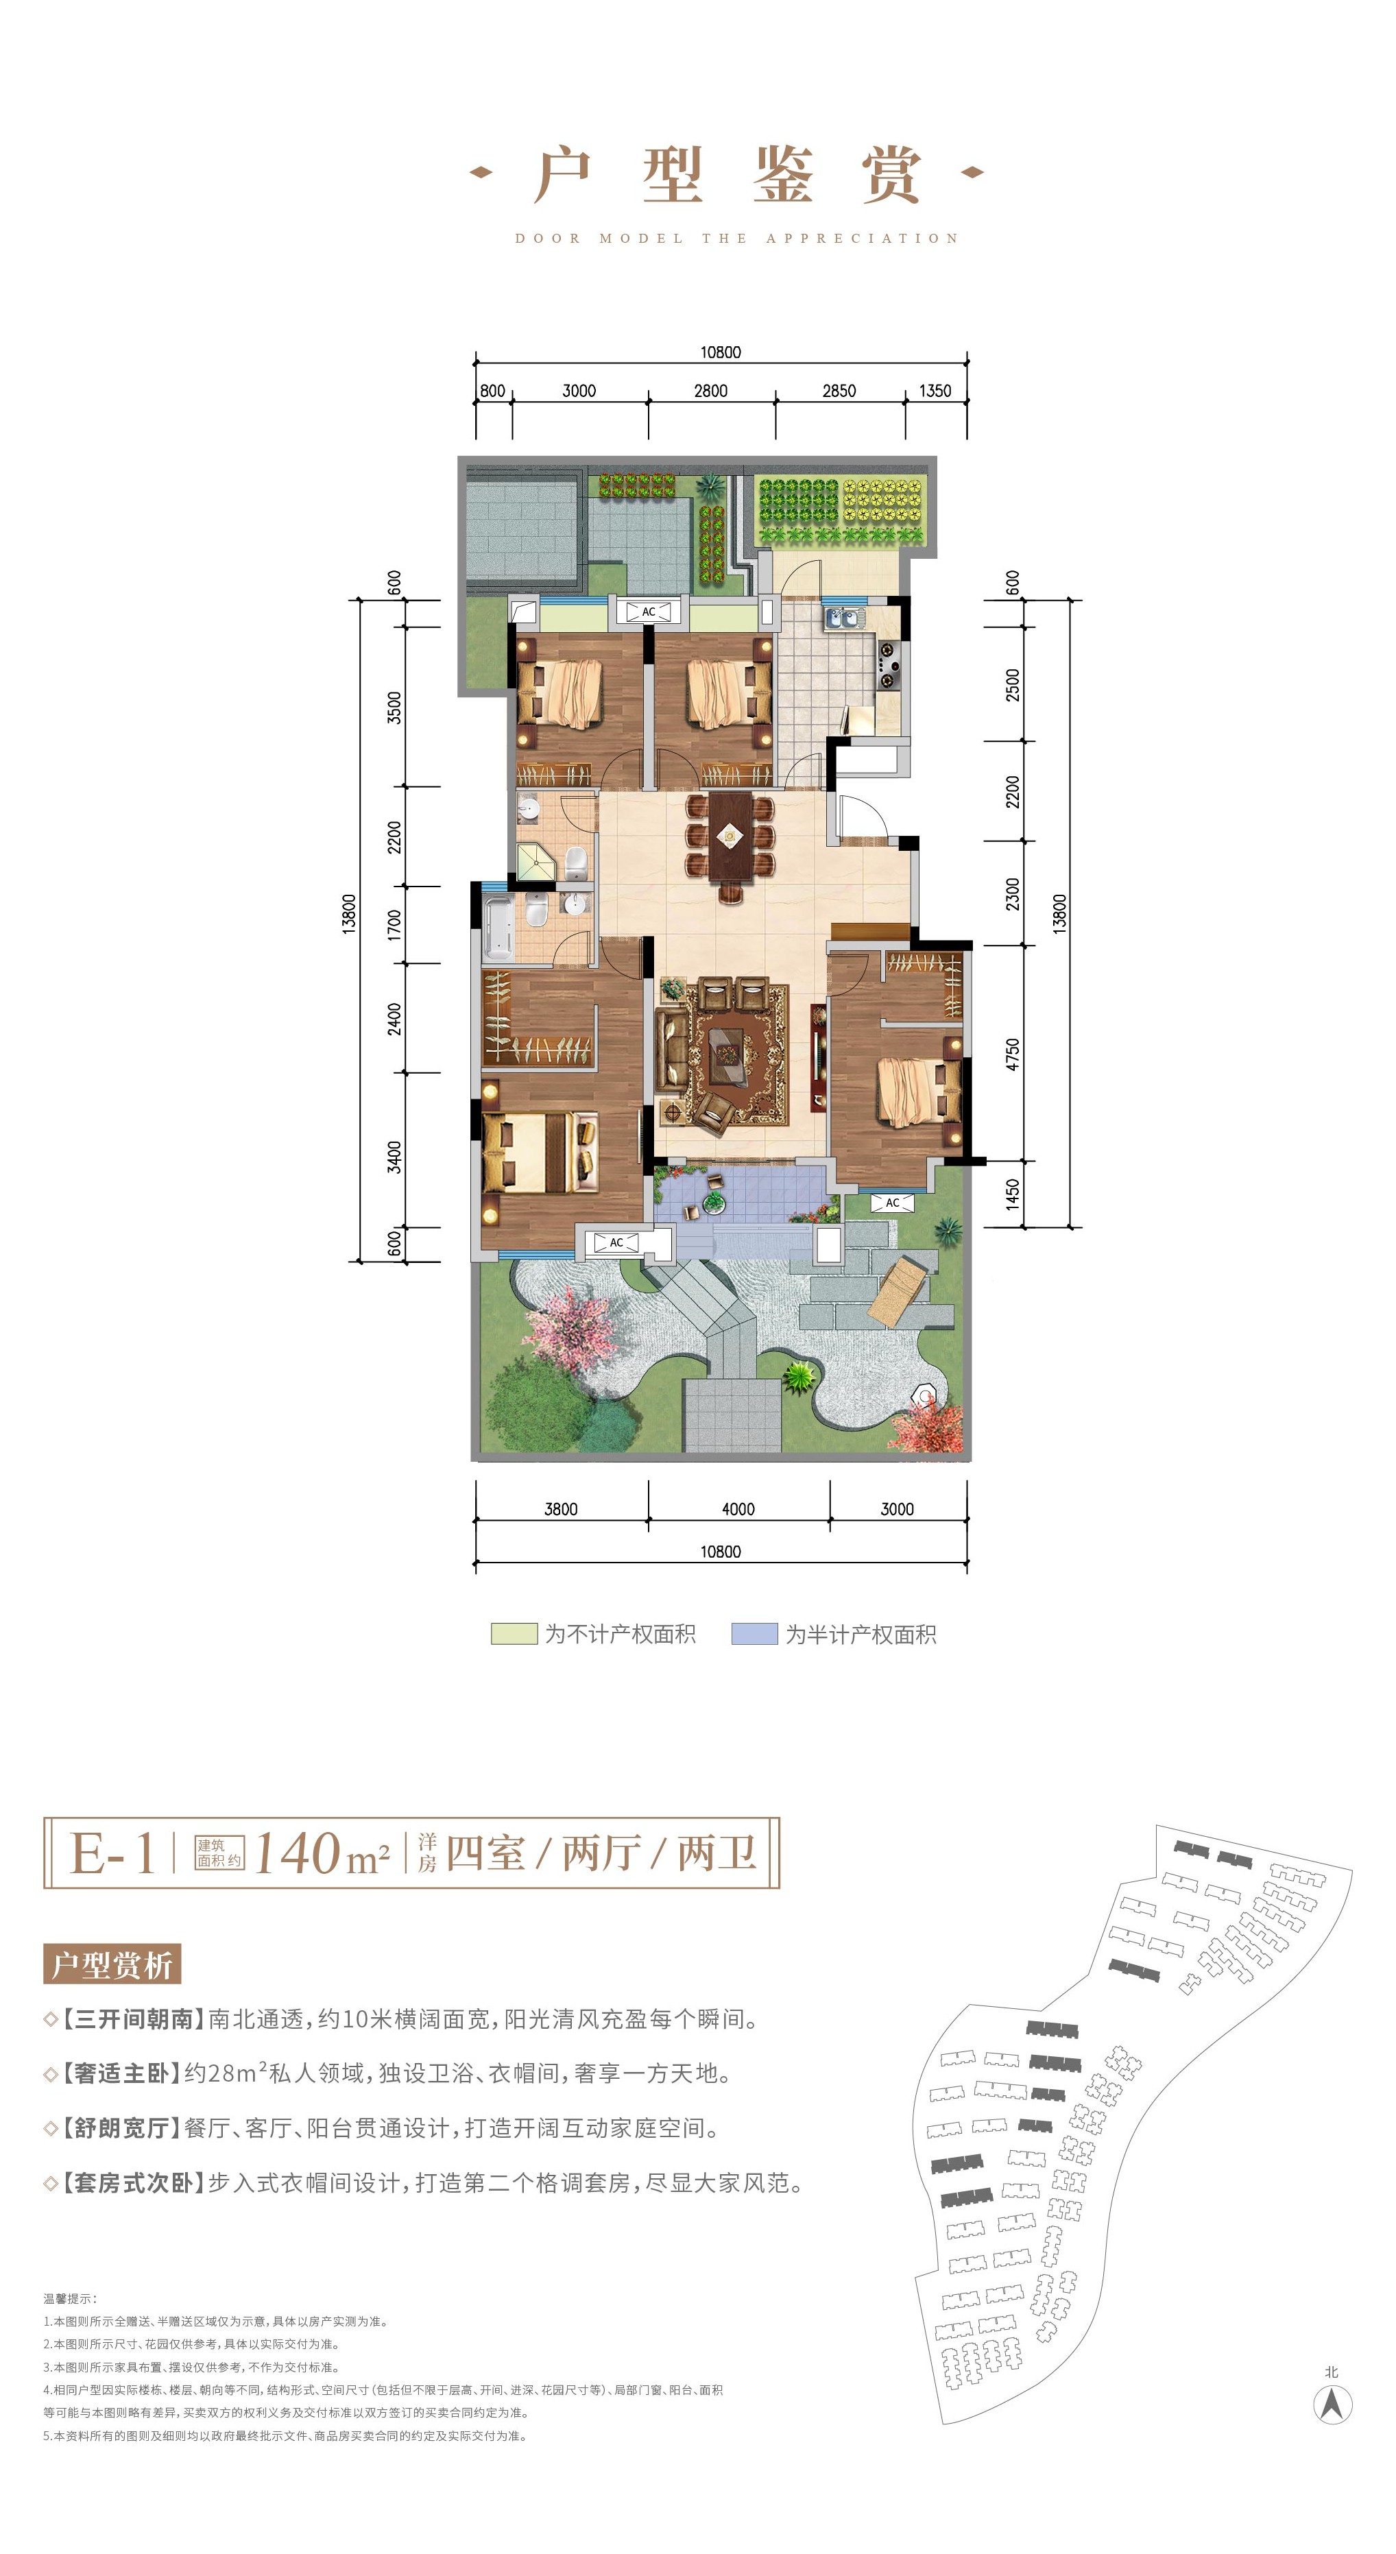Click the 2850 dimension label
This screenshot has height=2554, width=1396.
click(x=839, y=391)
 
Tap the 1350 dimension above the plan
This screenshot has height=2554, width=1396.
click(x=935, y=391)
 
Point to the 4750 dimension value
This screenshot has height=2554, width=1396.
click(x=1012, y=1054)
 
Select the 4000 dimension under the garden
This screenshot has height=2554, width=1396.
click(x=738, y=1509)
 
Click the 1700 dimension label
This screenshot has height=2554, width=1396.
click(x=395, y=925)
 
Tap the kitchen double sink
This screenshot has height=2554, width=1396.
click(x=843, y=618)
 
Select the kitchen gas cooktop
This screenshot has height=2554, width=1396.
click(x=887, y=662)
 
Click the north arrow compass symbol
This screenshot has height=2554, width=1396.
click(x=1332, y=2405)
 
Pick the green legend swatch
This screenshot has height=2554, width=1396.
click(x=514, y=1634)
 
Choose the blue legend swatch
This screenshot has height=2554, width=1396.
click(x=754, y=1634)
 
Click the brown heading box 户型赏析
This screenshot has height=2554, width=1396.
click(x=112, y=1964)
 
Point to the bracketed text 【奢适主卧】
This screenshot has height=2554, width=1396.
click(x=122, y=2073)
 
